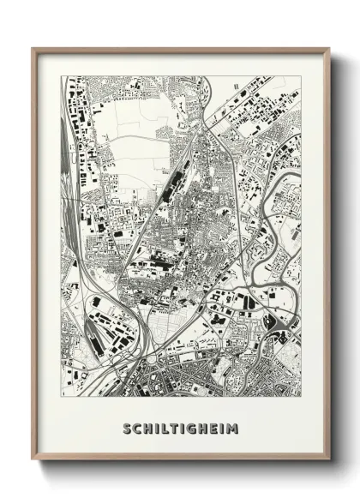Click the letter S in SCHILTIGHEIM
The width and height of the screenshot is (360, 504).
[x=127, y=428]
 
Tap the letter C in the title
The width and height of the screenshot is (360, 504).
[x=137, y=428]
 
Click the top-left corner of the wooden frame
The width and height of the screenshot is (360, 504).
[x=33, y=48]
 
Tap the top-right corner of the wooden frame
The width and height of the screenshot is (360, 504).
[x=329, y=48]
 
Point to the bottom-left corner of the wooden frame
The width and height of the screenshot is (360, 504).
[x=33, y=462]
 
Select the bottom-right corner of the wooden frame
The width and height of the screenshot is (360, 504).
[x=329, y=462]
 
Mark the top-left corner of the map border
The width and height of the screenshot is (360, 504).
[x=62, y=76]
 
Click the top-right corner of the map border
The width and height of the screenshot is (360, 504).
[x=301, y=76]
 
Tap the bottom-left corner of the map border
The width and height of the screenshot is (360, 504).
[x=62, y=396]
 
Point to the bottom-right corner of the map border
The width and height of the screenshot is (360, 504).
[x=301, y=396]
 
